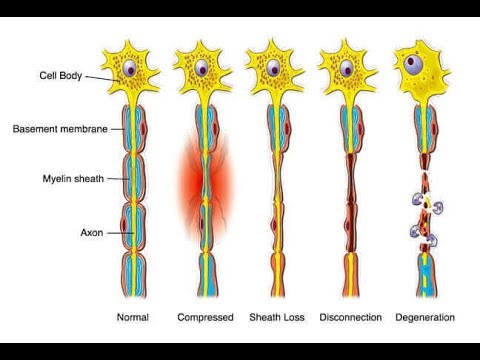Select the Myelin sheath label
tap(62, 180)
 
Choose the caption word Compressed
tap(205, 317)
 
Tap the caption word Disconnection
tap(350, 317)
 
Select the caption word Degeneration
tap(424, 317)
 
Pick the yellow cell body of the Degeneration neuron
tap(430, 75)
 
